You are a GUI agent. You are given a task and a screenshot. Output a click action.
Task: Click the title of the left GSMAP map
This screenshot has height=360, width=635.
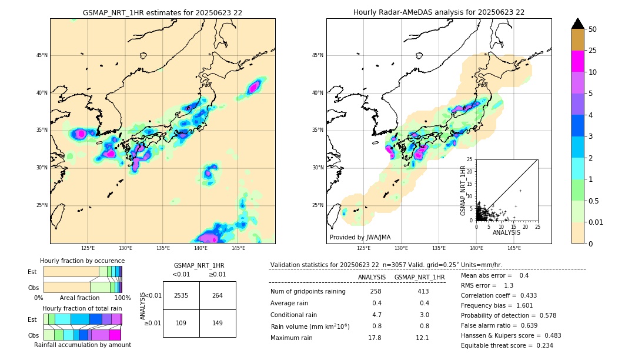coord(162,12)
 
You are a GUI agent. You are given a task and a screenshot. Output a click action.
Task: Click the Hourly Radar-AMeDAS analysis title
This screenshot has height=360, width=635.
coord(439,12)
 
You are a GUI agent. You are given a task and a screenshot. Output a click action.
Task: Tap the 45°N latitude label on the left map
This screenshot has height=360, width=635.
coord(42,55)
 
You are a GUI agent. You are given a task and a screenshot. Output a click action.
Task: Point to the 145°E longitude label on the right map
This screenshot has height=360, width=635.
coord(514,248)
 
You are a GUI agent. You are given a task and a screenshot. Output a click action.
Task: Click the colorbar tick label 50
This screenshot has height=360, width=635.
coord(593,29)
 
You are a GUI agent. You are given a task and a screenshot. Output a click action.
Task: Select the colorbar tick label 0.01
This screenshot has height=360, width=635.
coord(595,222)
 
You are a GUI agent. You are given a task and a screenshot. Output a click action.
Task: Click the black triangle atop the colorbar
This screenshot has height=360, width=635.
coord(578,24)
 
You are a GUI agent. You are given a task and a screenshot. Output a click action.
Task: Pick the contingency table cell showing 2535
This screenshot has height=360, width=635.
coord(181,295)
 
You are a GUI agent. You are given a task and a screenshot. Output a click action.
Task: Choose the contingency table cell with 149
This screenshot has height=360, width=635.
coord(218,323)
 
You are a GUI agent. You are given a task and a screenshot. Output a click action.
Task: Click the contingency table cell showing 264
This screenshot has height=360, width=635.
coord(218,295)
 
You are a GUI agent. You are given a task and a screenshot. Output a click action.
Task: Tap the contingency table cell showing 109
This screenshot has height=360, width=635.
coord(181,323)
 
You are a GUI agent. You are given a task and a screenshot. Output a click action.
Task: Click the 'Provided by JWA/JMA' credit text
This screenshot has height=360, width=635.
coord(360,238)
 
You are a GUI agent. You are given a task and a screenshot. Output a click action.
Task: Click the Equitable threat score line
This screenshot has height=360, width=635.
coord(507,345)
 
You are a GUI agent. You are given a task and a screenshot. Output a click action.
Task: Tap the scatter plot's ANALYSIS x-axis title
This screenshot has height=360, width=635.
coord(506,232)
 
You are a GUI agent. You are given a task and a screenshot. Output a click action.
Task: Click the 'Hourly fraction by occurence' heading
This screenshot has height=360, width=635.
coord(82,261)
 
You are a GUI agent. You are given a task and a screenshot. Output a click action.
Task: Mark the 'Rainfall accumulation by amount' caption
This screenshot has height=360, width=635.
coord(82,345)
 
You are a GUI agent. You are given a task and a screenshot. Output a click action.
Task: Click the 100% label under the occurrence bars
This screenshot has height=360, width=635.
coord(122,298)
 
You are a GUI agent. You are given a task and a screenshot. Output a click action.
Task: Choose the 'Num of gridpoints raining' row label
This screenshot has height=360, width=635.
coord(308,292)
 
